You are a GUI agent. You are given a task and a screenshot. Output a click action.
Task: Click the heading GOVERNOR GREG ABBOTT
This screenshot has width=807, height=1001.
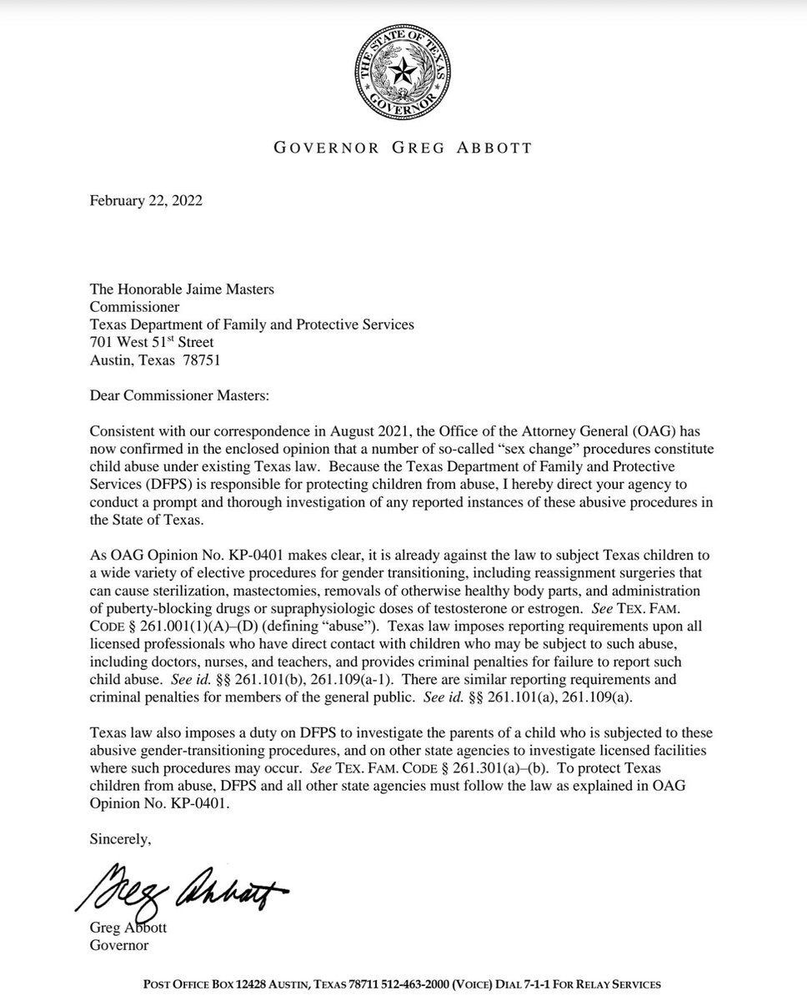point(403,149)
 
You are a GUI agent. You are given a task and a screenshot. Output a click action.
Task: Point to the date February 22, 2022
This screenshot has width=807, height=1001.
point(146,201)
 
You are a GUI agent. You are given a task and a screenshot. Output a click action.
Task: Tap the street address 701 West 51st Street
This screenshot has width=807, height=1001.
point(151,343)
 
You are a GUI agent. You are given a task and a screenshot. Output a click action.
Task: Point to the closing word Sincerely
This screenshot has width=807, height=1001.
point(121,839)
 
